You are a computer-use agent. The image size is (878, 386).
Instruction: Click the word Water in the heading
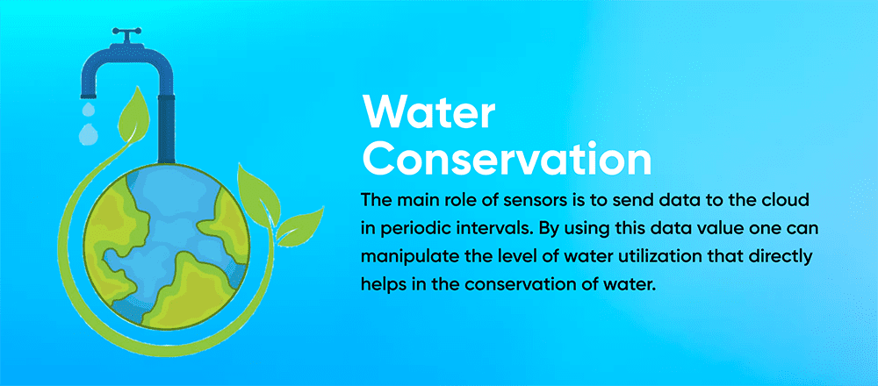point(429,114)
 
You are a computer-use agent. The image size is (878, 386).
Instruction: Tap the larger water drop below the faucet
point(88,133)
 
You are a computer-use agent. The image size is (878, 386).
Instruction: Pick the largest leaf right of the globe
point(262,186)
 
